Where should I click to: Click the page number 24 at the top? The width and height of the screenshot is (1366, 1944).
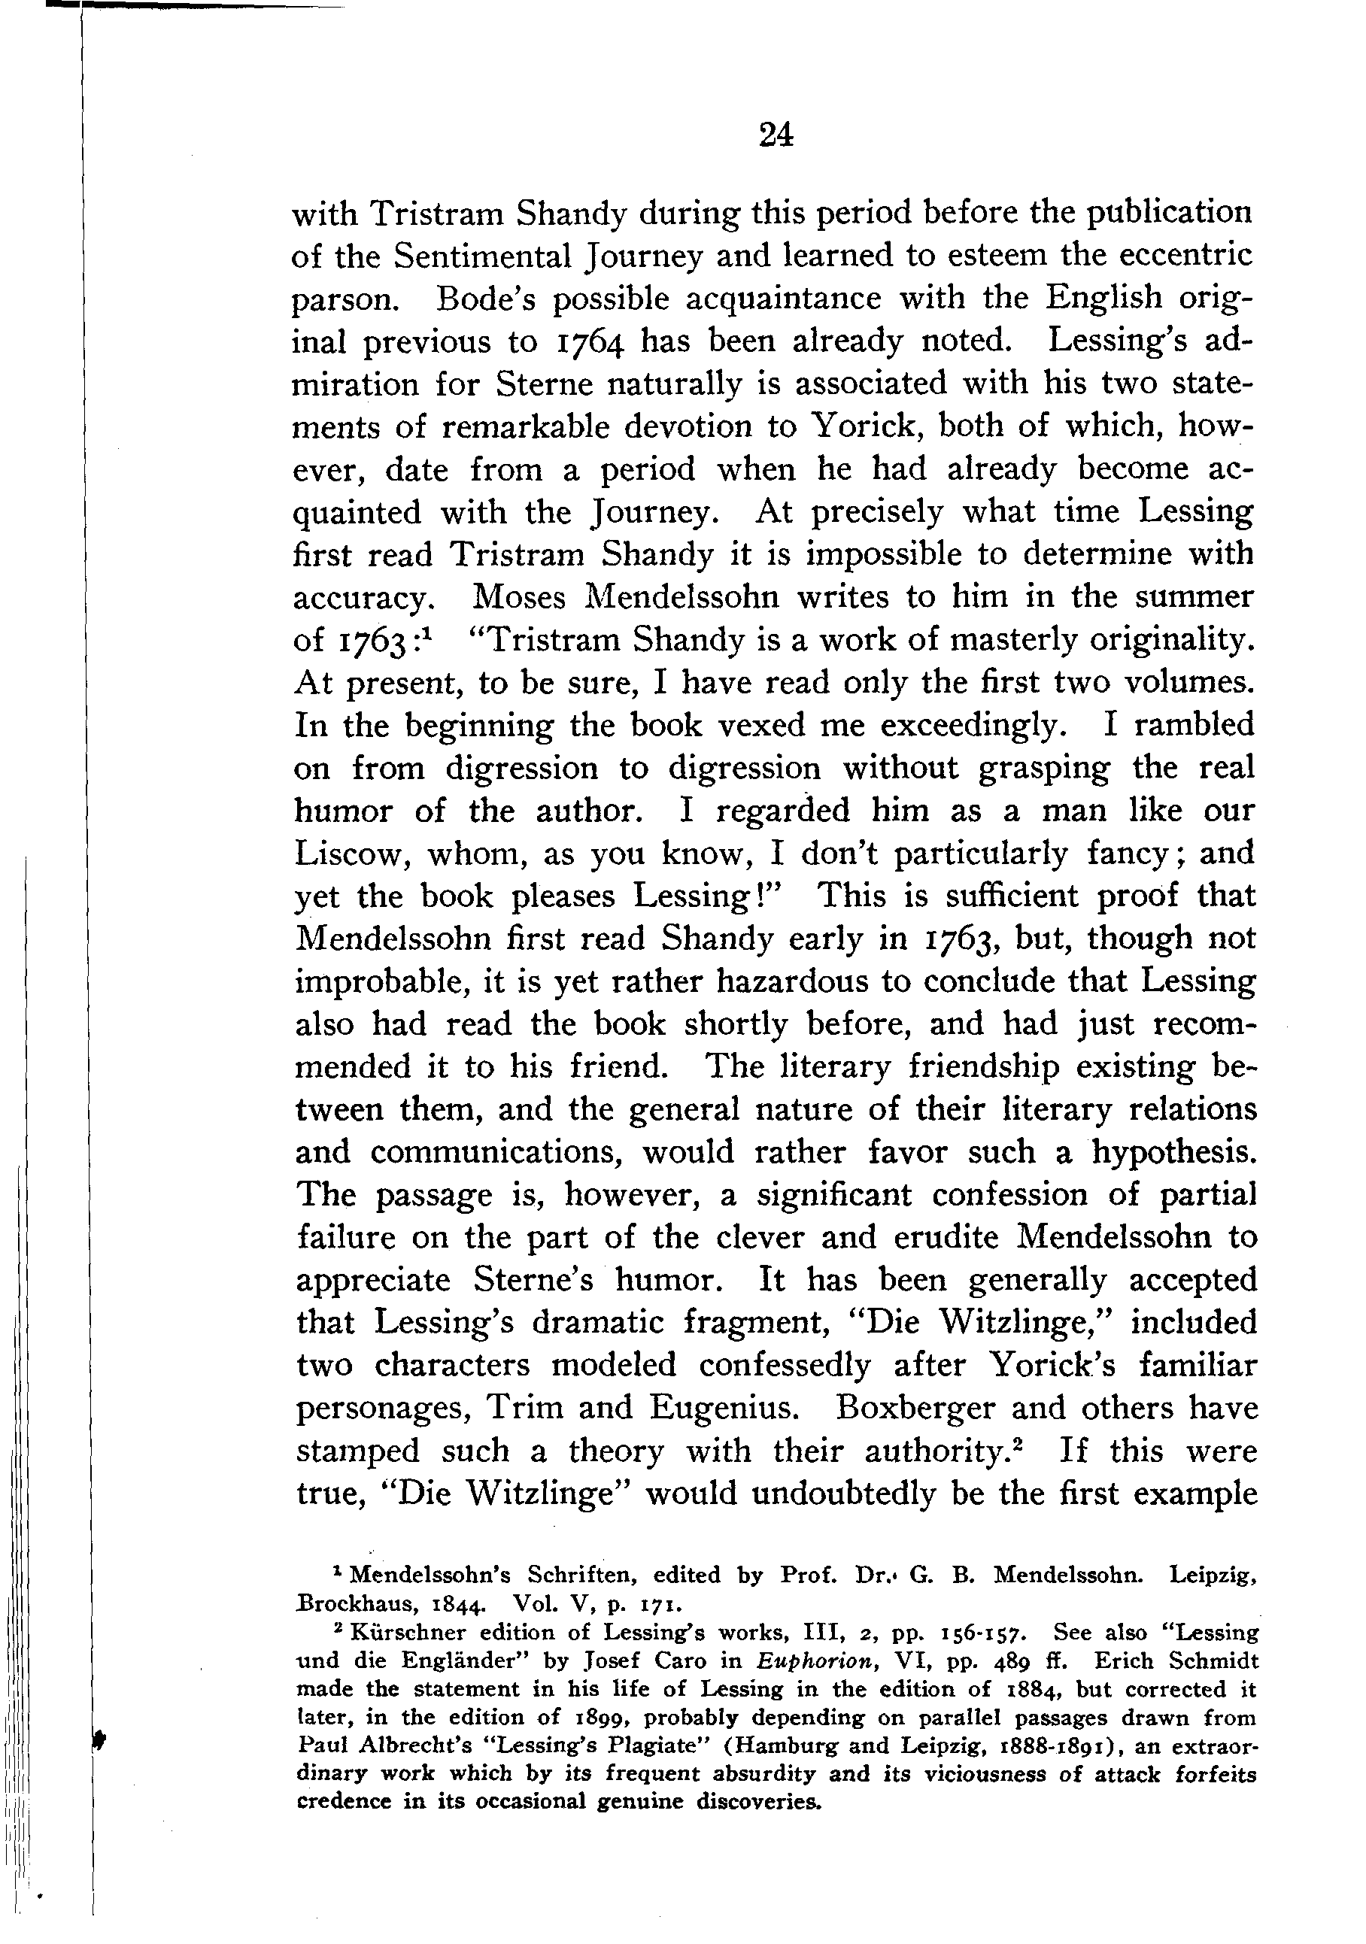tap(776, 135)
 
